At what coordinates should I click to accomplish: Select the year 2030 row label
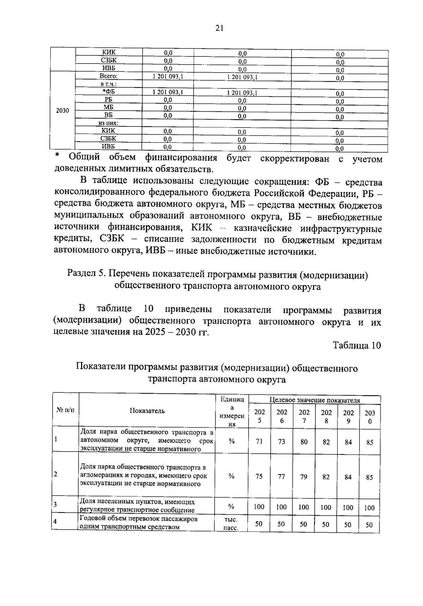coord(62,111)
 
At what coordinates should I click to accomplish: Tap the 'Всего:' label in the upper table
coord(109,76)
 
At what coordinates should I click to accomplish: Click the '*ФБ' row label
coord(109,92)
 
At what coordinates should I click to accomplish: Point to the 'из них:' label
coord(108,123)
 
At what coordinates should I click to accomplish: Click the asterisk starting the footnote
coord(58,155)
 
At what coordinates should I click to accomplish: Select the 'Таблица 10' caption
coord(357,345)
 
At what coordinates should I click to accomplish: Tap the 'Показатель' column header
coord(147,411)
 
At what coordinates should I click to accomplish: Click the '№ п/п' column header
coord(65,410)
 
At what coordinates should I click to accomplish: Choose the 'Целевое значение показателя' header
coord(315,400)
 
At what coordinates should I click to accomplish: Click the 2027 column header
coord(304,416)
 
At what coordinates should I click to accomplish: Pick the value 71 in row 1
coord(259,441)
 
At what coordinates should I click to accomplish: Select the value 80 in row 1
coord(304,441)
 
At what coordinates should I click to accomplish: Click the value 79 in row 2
coord(304,477)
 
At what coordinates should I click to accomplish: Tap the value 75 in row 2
coord(259,477)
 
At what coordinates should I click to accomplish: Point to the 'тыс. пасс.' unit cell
coord(231,524)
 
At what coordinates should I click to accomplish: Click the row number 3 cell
coord(55,504)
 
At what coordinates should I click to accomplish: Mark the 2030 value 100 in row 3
coord(369,508)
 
